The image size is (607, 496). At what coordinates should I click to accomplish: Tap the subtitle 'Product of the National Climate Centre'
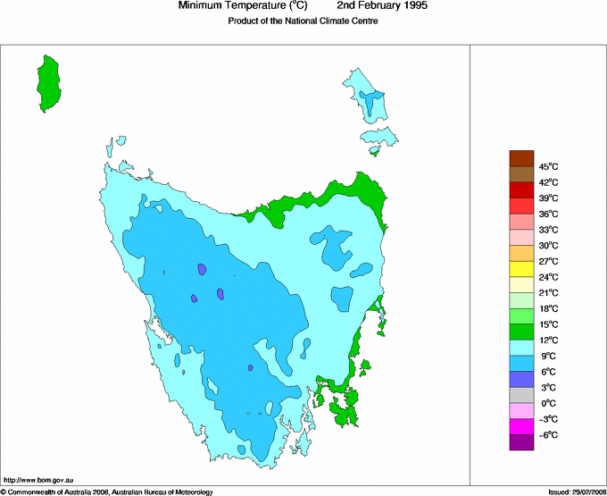pos(303,21)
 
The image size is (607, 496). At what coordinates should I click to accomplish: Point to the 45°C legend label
pos(547,166)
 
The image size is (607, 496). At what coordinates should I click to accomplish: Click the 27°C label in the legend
pos(547,261)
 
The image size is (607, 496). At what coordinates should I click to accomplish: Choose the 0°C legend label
pos(547,403)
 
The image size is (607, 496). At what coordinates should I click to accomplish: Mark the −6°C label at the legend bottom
pos(547,434)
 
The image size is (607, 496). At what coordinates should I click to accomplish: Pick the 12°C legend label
pos(547,340)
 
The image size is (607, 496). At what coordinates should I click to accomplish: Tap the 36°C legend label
pos(547,214)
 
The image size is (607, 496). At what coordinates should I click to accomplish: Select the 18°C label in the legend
pos(547,308)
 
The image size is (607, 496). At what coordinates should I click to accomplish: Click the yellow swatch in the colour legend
pos(521,269)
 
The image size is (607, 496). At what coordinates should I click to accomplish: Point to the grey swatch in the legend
pos(521,395)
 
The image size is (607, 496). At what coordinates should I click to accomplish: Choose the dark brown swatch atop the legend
pos(521,158)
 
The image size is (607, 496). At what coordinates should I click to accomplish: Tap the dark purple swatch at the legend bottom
pos(521,442)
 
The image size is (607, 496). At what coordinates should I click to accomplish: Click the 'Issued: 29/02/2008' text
pos(576,492)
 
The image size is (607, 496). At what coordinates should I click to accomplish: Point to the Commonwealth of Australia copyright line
pos(106,492)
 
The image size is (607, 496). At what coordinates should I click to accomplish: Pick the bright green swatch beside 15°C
pos(521,316)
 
